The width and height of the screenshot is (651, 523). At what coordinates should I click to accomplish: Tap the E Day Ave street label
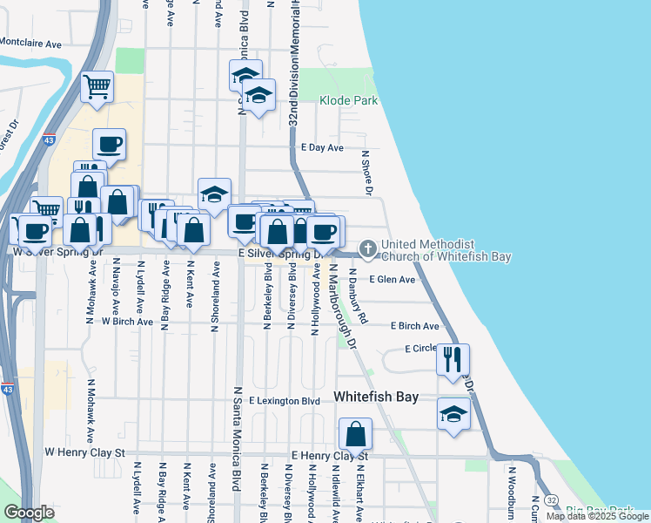(x=322, y=148)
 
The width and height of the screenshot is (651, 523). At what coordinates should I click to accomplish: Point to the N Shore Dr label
(x=367, y=172)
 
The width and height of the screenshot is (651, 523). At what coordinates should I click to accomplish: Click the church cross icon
(x=367, y=250)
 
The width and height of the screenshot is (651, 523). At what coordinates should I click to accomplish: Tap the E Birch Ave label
(x=415, y=326)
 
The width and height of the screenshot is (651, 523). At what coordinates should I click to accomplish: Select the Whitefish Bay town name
(x=376, y=397)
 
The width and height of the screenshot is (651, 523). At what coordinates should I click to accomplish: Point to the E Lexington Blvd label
(x=285, y=402)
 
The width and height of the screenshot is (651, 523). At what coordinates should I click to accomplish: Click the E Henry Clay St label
(x=330, y=456)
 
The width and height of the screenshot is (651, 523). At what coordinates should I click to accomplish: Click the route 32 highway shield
(x=552, y=499)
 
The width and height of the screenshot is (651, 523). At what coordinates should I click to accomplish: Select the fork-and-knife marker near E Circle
(x=453, y=359)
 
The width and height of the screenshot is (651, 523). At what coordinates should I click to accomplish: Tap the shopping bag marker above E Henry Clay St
(x=356, y=433)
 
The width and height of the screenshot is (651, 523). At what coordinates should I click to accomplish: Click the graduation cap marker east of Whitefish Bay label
(x=453, y=414)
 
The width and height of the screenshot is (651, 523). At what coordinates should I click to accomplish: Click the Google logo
(x=29, y=513)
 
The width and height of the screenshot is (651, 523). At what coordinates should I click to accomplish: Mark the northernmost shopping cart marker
(x=97, y=85)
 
